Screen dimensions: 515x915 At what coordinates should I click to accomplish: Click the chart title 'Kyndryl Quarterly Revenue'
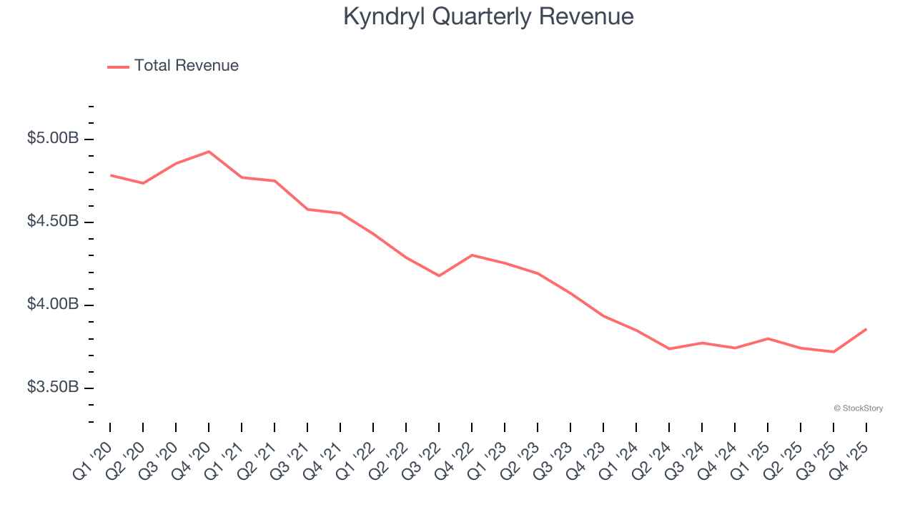click(x=488, y=16)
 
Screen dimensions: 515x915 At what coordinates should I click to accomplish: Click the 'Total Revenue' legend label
click(x=186, y=66)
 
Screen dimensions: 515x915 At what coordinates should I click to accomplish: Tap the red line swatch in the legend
click(x=118, y=67)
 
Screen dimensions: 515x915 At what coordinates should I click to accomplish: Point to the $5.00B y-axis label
click(x=53, y=138)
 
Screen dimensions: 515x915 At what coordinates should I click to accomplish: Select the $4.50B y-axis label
click(x=53, y=221)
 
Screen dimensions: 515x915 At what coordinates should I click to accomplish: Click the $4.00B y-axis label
click(x=53, y=305)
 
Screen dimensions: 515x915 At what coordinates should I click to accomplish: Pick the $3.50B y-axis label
click(x=53, y=388)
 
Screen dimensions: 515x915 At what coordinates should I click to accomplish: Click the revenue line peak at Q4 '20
click(x=209, y=152)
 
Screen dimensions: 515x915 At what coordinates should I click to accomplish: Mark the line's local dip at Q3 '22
click(x=439, y=275)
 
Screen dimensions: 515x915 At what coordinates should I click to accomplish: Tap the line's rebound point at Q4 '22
click(x=472, y=255)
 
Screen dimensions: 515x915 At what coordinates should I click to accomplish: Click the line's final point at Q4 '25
click(x=866, y=329)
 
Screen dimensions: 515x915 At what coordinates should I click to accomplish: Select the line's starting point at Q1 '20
click(x=111, y=175)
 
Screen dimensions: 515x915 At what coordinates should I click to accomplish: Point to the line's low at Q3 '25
click(x=834, y=351)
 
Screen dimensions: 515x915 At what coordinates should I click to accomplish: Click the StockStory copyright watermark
click(x=858, y=408)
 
